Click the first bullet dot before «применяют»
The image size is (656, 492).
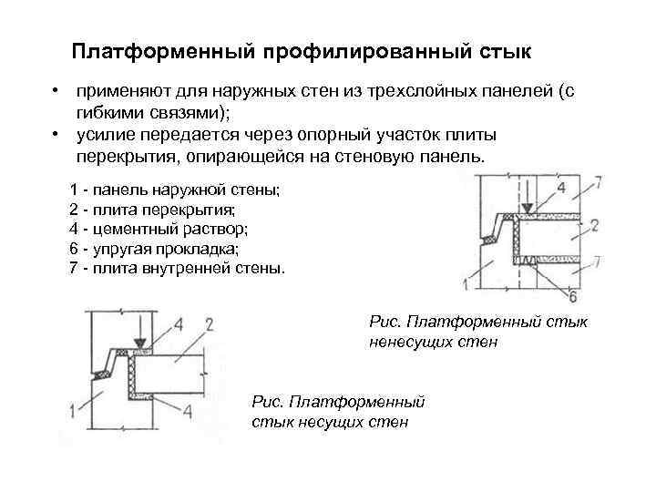pyautogui.click(x=56, y=92)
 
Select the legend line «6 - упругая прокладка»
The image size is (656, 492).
pyautogui.click(x=160, y=249)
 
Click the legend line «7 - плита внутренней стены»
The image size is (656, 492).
pyautogui.click(x=177, y=269)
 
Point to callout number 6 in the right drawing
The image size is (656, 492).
pyautogui.click(x=572, y=296)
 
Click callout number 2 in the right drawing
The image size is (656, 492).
pyautogui.click(x=593, y=224)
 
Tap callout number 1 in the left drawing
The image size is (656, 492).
pyautogui.click(x=71, y=413)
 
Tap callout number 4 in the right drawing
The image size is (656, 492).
pyautogui.click(x=560, y=188)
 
